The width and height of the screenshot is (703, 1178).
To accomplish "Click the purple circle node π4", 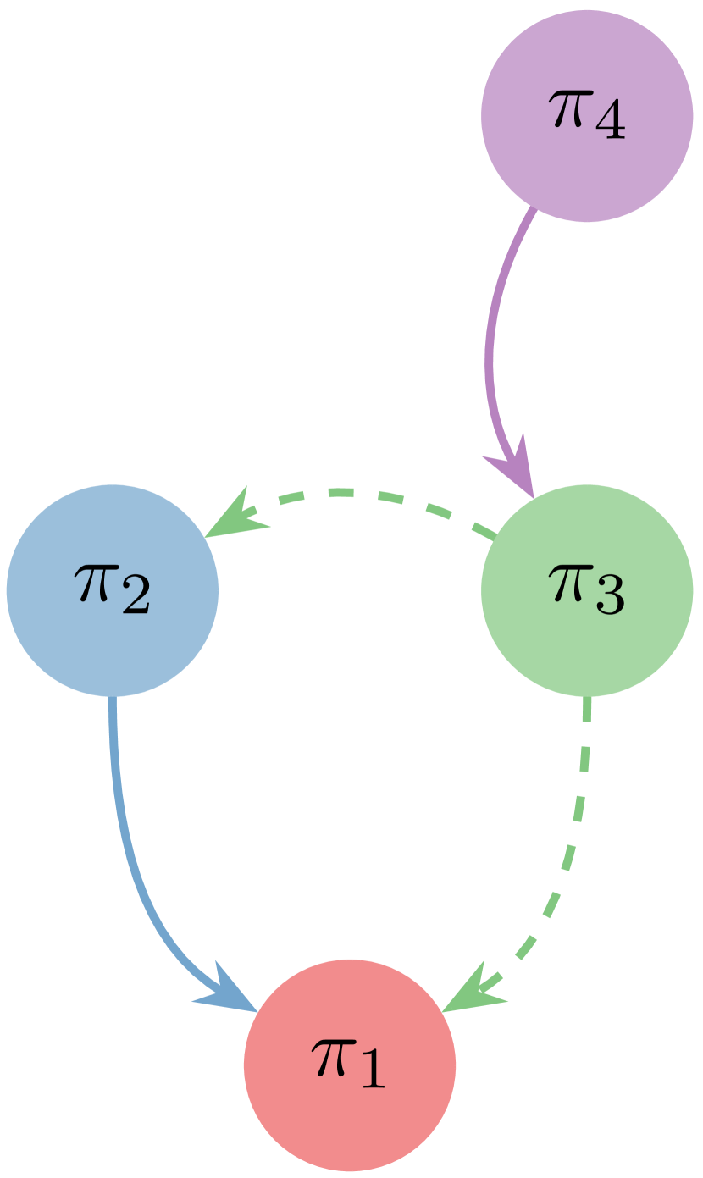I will (x=587, y=116).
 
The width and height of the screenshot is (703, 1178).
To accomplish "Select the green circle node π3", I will (x=587, y=590).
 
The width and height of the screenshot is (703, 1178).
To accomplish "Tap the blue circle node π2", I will (x=113, y=590).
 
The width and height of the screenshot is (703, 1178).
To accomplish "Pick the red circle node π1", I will (x=350, y=1065).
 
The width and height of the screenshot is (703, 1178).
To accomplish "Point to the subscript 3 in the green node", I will (x=610, y=598).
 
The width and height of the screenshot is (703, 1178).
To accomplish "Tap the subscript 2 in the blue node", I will (x=135, y=598).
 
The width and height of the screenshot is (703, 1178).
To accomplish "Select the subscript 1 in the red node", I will (x=371, y=1072).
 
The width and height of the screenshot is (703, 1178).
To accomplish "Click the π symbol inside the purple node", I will (x=568, y=109).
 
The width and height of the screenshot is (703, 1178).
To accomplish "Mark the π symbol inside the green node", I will (x=568, y=583).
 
